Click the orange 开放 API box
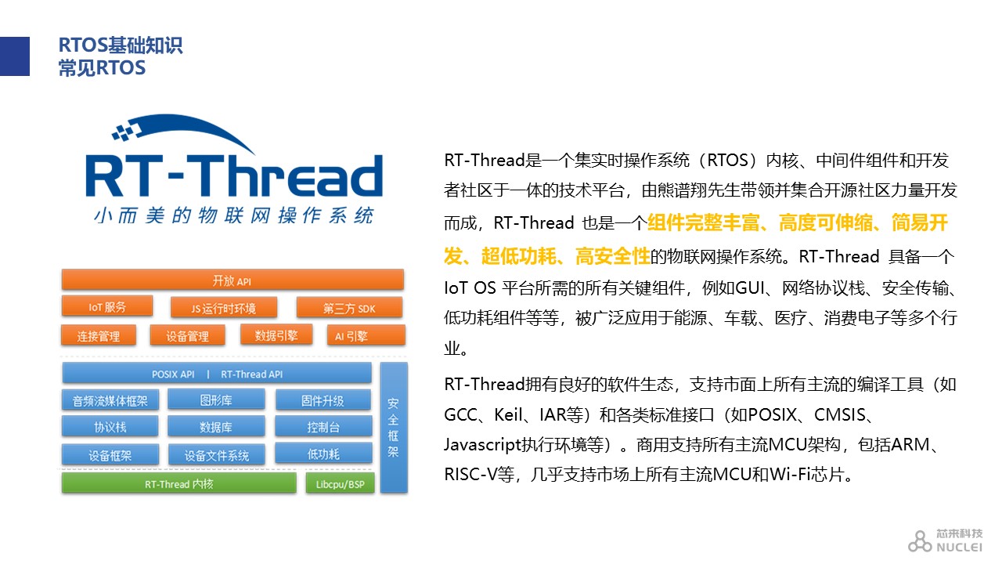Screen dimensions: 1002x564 pos(232,280)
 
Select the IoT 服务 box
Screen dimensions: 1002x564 pos(107,306)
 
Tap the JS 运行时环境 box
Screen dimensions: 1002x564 pos(224,308)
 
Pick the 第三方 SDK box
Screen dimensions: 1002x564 pos(349,308)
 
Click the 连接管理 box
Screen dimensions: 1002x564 pos(99,336)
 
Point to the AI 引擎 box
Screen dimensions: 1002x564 pos(366,336)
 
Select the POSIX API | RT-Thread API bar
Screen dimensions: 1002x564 pos(217,374)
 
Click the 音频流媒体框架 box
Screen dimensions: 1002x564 pos(110,400)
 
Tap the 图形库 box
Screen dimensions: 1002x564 pos(216,399)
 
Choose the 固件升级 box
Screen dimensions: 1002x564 pos(323,400)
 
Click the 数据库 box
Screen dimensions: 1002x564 pos(216,427)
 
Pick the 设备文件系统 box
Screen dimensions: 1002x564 pos(217,455)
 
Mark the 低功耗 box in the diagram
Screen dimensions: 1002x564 pos(323,454)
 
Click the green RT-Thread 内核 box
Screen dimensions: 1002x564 pos(179,483)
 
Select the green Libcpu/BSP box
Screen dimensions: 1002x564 pos(340,483)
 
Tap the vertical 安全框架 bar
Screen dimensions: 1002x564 pos(394,428)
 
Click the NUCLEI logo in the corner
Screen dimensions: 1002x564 pos(945,540)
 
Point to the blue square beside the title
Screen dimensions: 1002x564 pos(15,56)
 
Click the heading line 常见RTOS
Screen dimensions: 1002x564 pos(102,68)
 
